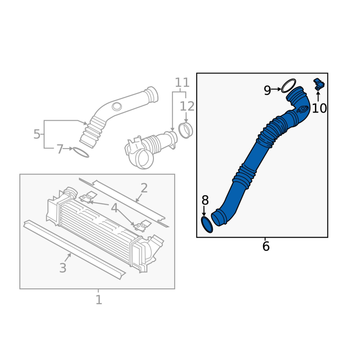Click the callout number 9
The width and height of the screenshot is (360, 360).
[x=267, y=90]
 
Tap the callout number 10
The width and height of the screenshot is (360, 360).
[x=319, y=108]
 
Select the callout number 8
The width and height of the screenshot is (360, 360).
[x=205, y=200]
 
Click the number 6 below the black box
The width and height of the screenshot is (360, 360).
[x=265, y=246]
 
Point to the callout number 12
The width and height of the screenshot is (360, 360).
[x=187, y=106]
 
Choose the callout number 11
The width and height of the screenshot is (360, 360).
[x=182, y=82]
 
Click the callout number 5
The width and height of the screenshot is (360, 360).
[x=37, y=134]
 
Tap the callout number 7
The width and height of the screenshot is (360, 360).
[x=60, y=149]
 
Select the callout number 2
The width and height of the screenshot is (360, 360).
[x=144, y=188]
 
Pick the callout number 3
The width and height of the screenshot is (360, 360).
[x=63, y=268]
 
